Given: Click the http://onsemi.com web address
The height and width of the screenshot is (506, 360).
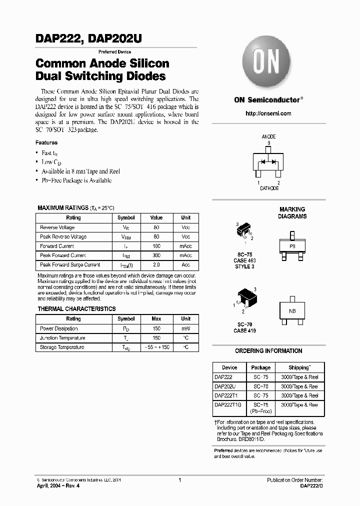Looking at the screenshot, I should coord(268,113).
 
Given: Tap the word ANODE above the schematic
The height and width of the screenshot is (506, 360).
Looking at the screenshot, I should coord(268,136).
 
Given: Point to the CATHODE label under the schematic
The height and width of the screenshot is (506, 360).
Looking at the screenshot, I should coord(269,188).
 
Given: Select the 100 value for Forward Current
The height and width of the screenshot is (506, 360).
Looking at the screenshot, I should coord(156,246).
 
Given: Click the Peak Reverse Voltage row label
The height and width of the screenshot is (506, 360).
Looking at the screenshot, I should coord(63,237).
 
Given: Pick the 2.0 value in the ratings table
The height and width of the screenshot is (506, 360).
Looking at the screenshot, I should coord(156,265).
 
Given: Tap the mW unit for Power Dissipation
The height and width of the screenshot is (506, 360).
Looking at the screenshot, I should coord(185,328).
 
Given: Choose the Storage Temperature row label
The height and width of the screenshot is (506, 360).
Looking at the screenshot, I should coord(62,347).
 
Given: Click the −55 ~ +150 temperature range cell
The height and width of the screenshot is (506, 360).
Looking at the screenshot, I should coord(156,347).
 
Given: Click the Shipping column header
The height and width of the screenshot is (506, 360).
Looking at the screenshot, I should coord(299,367).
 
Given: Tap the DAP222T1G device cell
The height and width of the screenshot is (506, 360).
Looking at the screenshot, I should coord(228,405).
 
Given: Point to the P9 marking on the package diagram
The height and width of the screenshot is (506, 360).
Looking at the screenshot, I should coord(292,246).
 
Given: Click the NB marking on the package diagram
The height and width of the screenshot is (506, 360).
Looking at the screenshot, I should coord(292,311).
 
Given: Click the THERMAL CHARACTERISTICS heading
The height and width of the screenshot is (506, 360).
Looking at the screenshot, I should coord(76,309).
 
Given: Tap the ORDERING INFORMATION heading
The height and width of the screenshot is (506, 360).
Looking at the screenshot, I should coord(268,351).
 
